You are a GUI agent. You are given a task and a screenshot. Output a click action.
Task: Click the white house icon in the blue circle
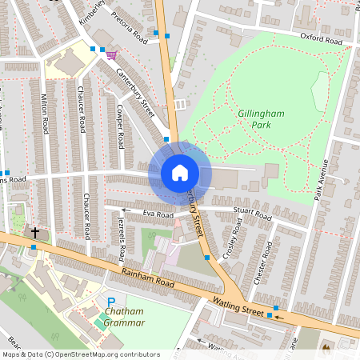180,172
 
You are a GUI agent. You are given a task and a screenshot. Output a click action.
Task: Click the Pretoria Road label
130,33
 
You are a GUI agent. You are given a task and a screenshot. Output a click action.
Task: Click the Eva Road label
158,214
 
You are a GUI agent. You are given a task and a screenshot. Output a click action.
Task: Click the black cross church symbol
34,233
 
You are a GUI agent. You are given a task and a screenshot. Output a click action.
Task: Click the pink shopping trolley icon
110,54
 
